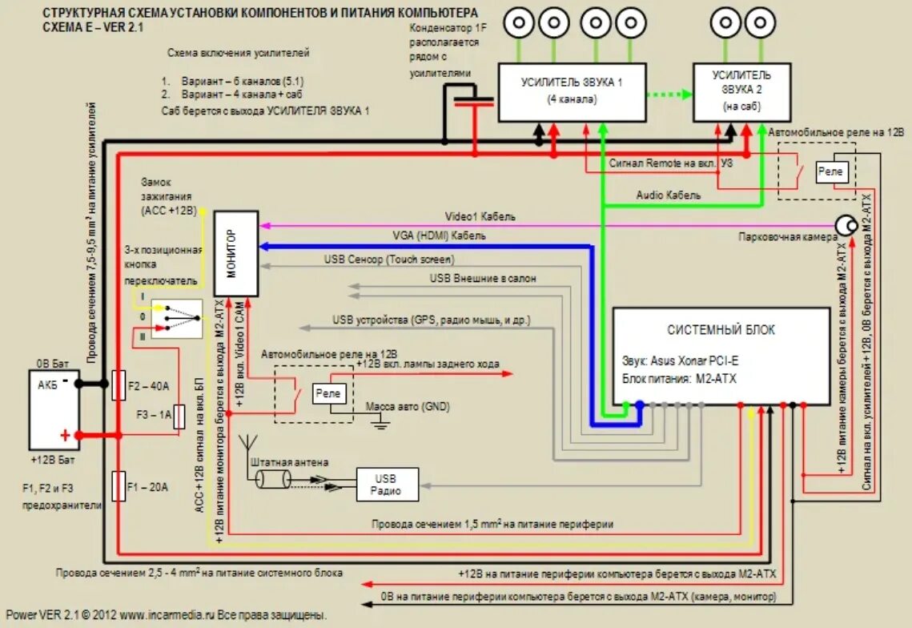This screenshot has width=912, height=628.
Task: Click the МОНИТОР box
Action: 236,254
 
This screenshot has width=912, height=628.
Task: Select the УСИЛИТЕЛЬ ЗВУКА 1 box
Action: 573,93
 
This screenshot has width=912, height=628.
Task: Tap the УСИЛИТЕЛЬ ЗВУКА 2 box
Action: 741,93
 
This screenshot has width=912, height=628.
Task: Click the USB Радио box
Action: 388,485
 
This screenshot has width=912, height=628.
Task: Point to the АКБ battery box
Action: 54,410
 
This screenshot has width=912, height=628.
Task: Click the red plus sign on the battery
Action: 65,435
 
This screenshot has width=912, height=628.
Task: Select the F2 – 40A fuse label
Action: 148,386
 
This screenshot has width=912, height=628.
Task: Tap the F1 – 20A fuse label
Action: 147,487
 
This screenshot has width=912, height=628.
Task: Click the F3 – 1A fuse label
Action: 154,414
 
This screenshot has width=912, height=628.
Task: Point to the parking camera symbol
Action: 846,225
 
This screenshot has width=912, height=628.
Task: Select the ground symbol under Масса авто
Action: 380,425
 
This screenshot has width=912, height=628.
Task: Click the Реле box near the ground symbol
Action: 327,393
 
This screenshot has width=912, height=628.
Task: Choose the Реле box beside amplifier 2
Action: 832,171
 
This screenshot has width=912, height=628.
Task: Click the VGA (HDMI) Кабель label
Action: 439,235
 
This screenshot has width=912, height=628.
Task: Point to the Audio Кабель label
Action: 669,195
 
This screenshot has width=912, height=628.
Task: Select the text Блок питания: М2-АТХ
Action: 679,379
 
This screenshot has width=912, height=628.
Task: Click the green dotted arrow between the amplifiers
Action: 670,95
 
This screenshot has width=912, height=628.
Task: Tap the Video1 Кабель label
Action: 480,216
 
